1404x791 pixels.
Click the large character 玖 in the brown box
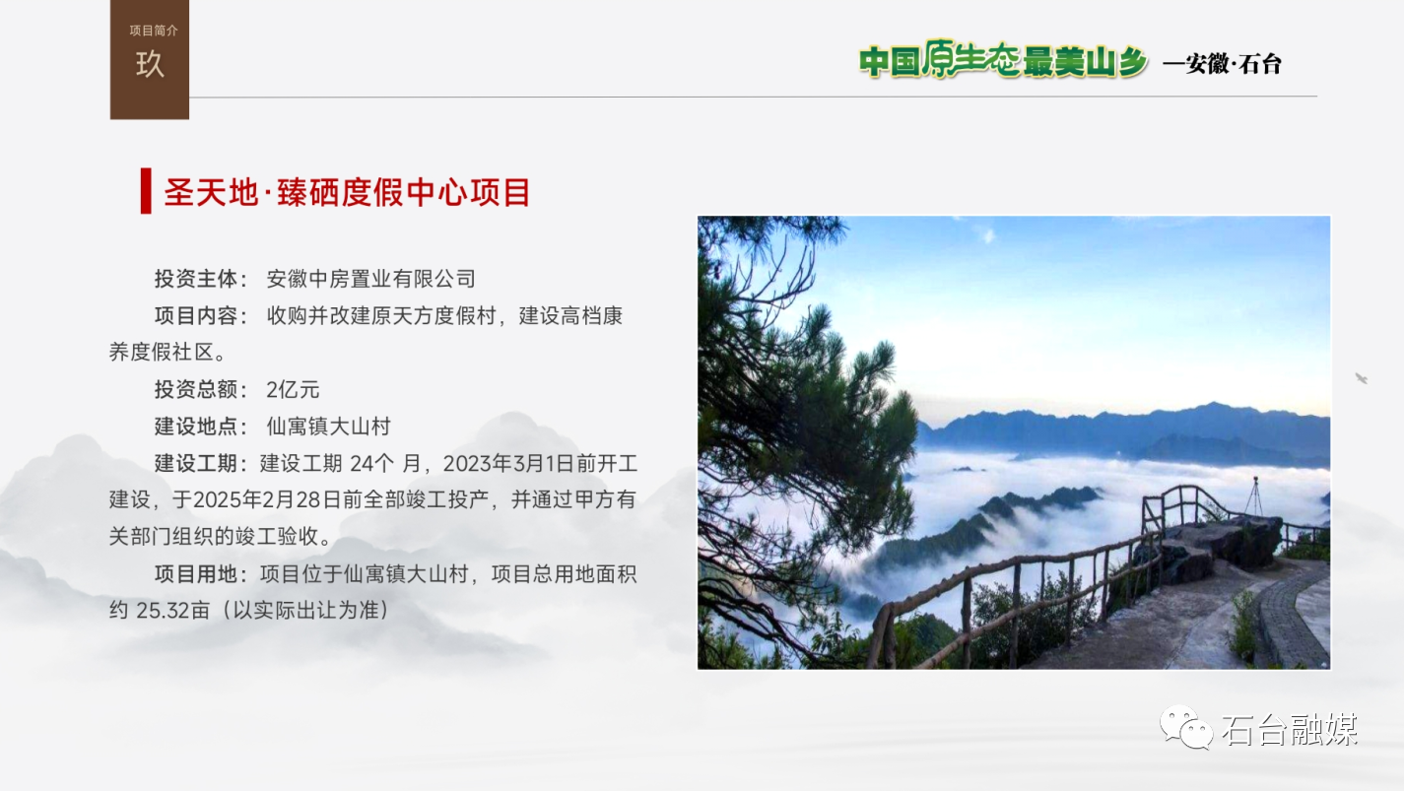150,64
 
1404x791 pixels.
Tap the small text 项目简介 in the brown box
154,31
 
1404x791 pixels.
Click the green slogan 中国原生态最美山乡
1003,59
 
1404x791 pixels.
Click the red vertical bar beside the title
146,191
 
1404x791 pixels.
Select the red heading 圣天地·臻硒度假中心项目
347,192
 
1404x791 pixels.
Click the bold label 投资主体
195,279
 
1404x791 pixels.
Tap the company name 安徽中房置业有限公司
371,279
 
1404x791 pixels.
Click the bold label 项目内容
195,316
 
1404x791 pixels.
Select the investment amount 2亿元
293,390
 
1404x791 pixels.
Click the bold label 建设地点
195,427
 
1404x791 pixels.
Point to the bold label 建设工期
195,464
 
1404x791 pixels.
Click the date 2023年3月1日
509,464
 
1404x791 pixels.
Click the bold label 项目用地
195,574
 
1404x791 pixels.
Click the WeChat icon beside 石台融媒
1186,727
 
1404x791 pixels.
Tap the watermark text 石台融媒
1290,729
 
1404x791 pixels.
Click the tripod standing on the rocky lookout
1255,495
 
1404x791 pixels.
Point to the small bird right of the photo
1362,378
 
